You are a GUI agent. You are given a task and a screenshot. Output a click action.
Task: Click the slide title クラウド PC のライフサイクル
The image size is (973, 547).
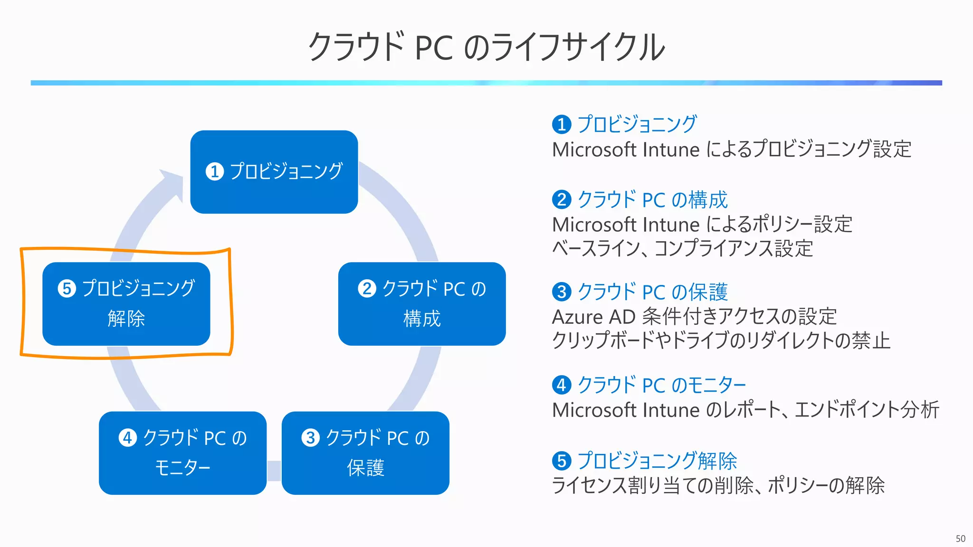click(486, 47)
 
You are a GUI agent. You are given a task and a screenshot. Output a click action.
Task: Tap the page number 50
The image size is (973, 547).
click(960, 538)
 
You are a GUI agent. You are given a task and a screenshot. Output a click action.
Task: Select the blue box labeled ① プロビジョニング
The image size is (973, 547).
click(274, 172)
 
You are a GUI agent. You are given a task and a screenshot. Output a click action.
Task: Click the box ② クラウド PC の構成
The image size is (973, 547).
click(422, 304)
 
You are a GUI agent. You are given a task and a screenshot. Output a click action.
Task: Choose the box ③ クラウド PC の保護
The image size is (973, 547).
click(365, 453)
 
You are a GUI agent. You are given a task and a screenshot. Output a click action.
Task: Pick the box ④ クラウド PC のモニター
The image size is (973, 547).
click(183, 453)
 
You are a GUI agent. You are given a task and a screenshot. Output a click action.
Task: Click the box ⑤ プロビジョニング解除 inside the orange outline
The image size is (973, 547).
click(126, 304)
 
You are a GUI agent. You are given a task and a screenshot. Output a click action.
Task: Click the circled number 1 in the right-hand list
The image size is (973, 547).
click(562, 124)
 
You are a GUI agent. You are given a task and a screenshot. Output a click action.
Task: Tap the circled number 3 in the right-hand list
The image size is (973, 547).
click(562, 292)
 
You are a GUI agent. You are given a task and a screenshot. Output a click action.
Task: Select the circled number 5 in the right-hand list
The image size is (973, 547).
click(562, 461)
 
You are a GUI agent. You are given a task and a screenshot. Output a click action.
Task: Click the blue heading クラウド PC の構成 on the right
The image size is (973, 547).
click(652, 200)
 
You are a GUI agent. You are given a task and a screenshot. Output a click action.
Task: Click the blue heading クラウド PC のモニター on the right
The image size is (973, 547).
click(661, 385)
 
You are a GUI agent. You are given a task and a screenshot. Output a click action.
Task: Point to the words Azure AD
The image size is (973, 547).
click(593, 317)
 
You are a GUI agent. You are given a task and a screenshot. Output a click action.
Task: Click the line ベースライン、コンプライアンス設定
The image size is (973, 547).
click(682, 248)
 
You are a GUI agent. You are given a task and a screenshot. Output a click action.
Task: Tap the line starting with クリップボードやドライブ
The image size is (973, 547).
click(721, 340)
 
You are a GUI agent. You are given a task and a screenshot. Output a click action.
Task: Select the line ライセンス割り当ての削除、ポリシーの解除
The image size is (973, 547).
click(718, 485)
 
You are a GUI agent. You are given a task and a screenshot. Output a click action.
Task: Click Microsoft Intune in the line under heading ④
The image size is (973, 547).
click(626, 410)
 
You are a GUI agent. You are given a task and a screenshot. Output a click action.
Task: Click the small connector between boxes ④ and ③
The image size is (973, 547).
click(274, 471)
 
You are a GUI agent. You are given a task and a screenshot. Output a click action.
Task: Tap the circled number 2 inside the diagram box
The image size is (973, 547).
click(367, 289)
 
